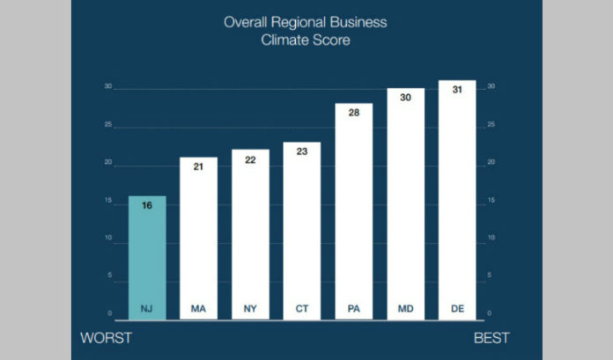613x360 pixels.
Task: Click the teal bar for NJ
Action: [x=147, y=255]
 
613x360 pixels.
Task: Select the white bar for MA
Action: [x=198, y=238]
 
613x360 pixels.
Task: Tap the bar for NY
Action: [x=250, y=233]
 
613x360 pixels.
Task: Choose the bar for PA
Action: [x=353, y=211]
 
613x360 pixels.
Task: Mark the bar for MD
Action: [x=405, y=202]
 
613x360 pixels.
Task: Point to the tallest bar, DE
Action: [x=457, y=198]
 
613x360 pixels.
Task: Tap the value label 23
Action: [x=301, y=151]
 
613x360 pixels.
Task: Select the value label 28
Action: [x=353, y=112]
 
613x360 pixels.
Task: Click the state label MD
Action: [x=405, y=309]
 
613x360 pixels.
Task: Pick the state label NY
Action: [x=250, y=309]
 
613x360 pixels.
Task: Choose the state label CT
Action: [x=301, y=309]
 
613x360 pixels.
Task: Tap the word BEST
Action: [x=491, y=338]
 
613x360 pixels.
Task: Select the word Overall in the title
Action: [x=250, y=22]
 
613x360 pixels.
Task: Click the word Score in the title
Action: [x=333, y=40]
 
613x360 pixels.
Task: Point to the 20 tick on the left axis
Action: [x=107, y=163]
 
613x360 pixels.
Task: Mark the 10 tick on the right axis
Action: [x=491, y=239]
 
